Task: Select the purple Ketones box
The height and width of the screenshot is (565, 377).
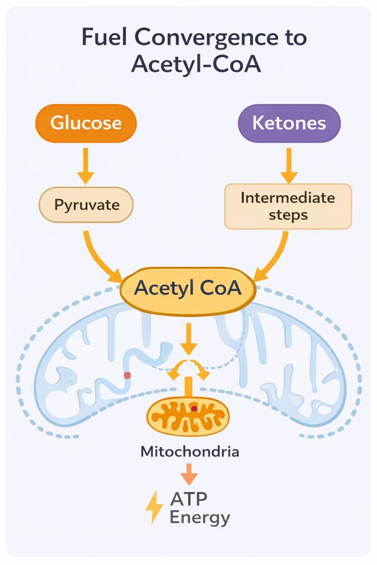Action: tap(288, 123)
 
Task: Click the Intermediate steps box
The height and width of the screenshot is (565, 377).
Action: tap(288, 206)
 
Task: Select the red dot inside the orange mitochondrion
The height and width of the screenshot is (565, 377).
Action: tap(195, 409)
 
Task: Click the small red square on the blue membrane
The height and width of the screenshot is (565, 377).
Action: tap(127, 375)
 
